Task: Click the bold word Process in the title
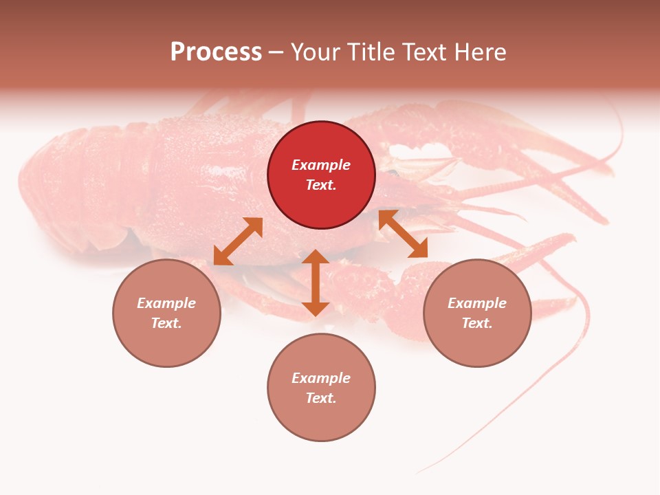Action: pyautogui.click(x=216, y=52)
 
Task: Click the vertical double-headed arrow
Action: pyautogui.click(x=316, y=283)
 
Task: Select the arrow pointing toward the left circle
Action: pyautogui.click(x=238, y=241)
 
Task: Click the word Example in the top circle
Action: pyautogui.click(x=321, y=165)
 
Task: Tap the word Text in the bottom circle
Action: pyautogui.click(x=321, y=398)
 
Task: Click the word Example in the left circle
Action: pyautogui.click(x=166, y=303)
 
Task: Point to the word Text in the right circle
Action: pyautogui.click(x=477, y=323)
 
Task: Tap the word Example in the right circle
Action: pyautogui.click(x=477, y=303)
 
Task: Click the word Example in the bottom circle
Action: pyautogui.click(x=321, y=378)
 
